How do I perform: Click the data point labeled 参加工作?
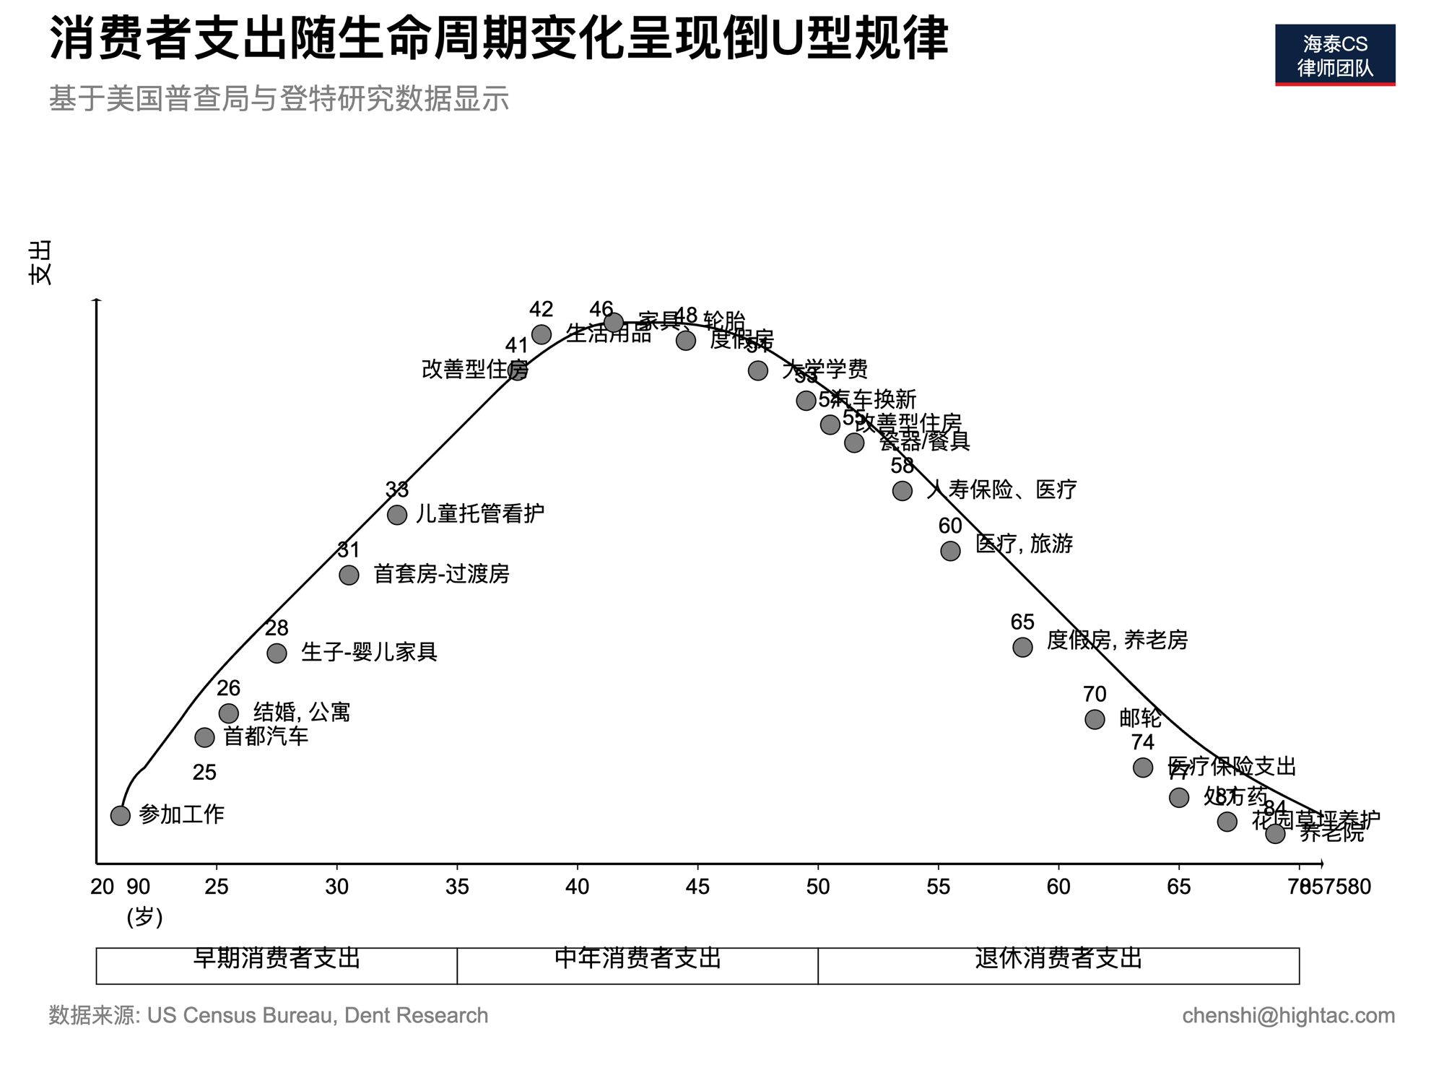click(x=121, y=815)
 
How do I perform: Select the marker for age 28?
click(x=277, y=653)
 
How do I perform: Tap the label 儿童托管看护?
click(x=479, y=514)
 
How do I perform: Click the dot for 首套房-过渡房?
click(x=349, y=575)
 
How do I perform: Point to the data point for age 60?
click(x=950, y=551)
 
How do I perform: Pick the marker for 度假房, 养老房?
click(x=1022, y=647)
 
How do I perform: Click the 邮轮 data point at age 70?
click(x=1095, y=719)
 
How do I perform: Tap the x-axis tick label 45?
click(x=697, y=887)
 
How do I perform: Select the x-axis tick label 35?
click(x=457, y=887)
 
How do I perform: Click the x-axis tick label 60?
click(x=1058, y=887)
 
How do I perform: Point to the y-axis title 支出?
click(x=40, y=263)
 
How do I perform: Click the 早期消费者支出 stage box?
click(x=277, y=965)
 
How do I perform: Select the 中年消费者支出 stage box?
click(x=638, y=965)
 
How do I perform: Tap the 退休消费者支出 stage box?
click(x=1058, y=965)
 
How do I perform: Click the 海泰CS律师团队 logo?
click(x=1335, y=56)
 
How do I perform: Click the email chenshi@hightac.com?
click(x=1288, y=1016)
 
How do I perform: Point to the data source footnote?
click(x=269, y=1016)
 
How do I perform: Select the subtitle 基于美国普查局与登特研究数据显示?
click(x=279, y=99)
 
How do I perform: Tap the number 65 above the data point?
click(x=1022, y=622)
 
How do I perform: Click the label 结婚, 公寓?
click(x=302, y=713)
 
